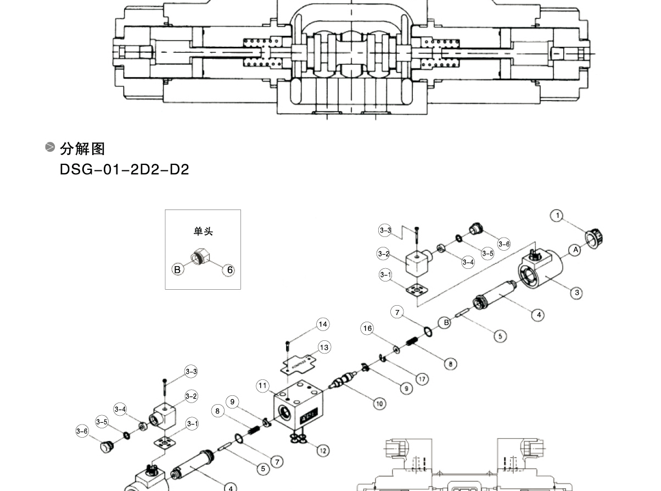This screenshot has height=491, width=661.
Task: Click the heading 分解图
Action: (x=82, y=148)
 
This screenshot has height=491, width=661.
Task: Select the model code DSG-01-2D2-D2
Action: (x=124, y=169)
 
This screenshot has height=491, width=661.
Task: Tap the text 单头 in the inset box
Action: (x=203, y=231)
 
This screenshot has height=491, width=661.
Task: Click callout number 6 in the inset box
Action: (x=230, y=269)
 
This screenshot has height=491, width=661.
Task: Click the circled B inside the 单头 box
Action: (x=177, y=269)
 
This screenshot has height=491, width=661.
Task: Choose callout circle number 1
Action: (x=558, y=216)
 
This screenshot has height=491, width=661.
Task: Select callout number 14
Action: (x=323, y=324)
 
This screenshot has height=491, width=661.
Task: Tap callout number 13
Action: (x=324, y=347)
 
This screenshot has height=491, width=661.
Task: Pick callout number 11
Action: (x=263, y=386)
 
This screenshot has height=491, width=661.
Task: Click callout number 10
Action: (x=379, y=404)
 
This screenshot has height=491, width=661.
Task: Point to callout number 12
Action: (x=323, y=450)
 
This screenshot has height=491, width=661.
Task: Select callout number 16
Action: (x=367, y=329)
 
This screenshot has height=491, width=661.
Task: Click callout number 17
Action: (x=422, y=378)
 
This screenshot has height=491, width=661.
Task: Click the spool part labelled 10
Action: (x=344, y=380)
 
